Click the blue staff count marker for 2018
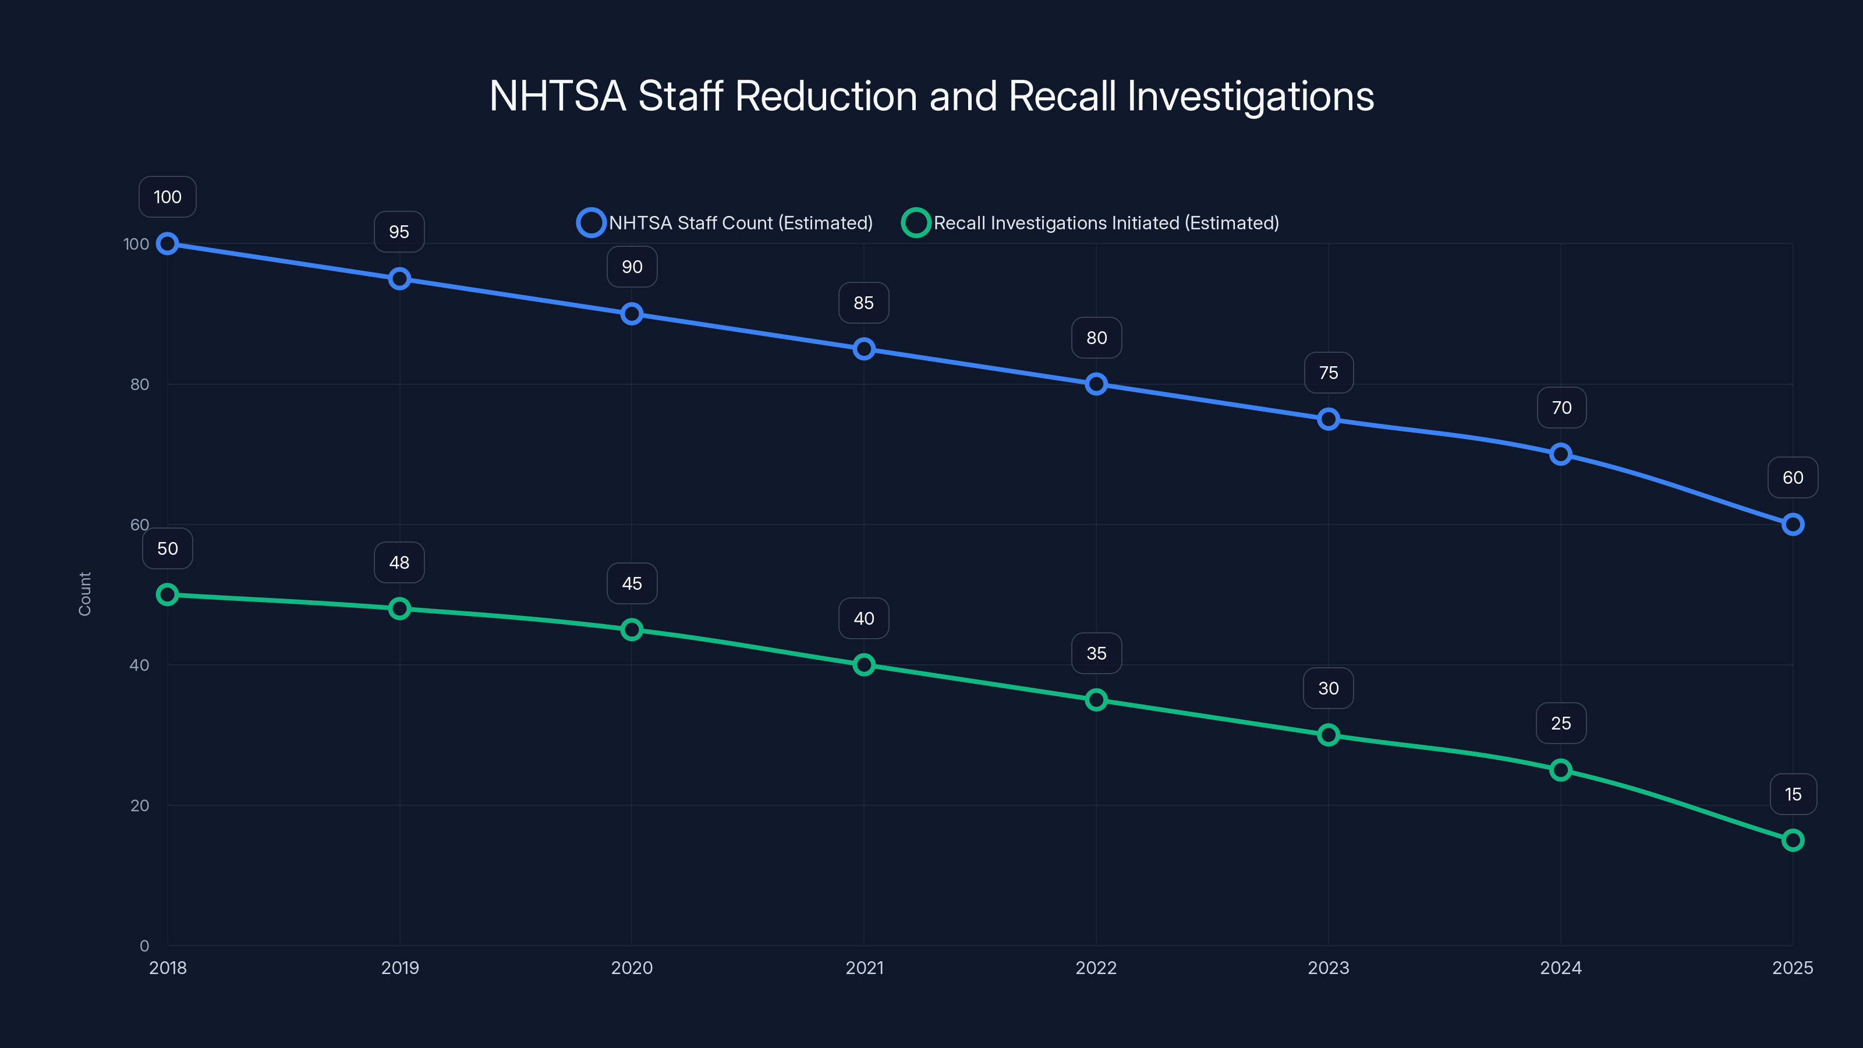point(167,244)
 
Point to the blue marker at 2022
point(1096,384)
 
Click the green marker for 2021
point(863,665)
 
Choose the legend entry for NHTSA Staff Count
point(725,223)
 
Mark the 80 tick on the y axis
point(140,385)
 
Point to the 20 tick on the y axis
point(140,806)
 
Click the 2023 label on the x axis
point(1328,968)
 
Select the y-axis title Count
point(84,594)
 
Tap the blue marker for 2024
point(1560,454)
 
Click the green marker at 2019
point(399,608)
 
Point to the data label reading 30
point(1328,689)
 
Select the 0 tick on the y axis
point(144,946)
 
